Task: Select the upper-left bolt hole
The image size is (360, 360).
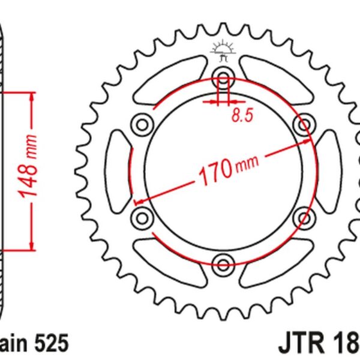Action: click(143, 125)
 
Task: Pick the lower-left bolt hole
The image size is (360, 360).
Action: click(143, 215)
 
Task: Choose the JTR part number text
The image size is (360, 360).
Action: click(318, 344)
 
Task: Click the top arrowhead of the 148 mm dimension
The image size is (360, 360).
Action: click(28, 96)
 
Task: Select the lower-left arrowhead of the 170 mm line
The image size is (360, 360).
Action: click(137, 200)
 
